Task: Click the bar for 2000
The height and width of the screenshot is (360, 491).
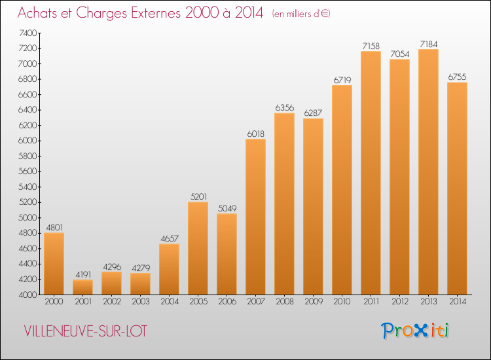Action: [54, 264]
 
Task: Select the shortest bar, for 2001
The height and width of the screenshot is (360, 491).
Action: [82, 287]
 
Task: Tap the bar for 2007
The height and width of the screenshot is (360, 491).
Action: [255, 217]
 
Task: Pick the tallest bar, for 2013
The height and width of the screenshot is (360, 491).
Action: [428, 172]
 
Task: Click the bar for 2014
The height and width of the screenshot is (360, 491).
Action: [457, 189]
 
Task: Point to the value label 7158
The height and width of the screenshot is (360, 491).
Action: [371, 46]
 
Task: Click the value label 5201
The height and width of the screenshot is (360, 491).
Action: [198, 196]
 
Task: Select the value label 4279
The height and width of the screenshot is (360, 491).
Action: [141, 268]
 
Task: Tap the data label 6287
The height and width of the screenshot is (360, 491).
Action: [313, 113]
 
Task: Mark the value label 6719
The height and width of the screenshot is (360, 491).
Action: [342, 80]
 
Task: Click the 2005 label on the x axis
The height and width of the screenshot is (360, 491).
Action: [198, 302]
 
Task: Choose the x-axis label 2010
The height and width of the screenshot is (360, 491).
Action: [342, 302]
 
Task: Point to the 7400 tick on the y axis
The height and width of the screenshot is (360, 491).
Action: [28, 33]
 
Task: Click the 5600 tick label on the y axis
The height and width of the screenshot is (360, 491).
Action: [28, 171]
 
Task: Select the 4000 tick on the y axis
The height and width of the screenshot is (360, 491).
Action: [28, 295]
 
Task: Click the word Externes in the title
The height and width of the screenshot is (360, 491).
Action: [156, 13]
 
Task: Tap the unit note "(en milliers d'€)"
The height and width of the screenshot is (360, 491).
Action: [301, 14]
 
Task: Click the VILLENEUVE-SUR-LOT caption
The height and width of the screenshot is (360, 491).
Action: [85, 331]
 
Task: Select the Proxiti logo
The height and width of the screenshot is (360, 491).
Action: [415, 331]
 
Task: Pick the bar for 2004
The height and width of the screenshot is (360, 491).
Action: [169, 269]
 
